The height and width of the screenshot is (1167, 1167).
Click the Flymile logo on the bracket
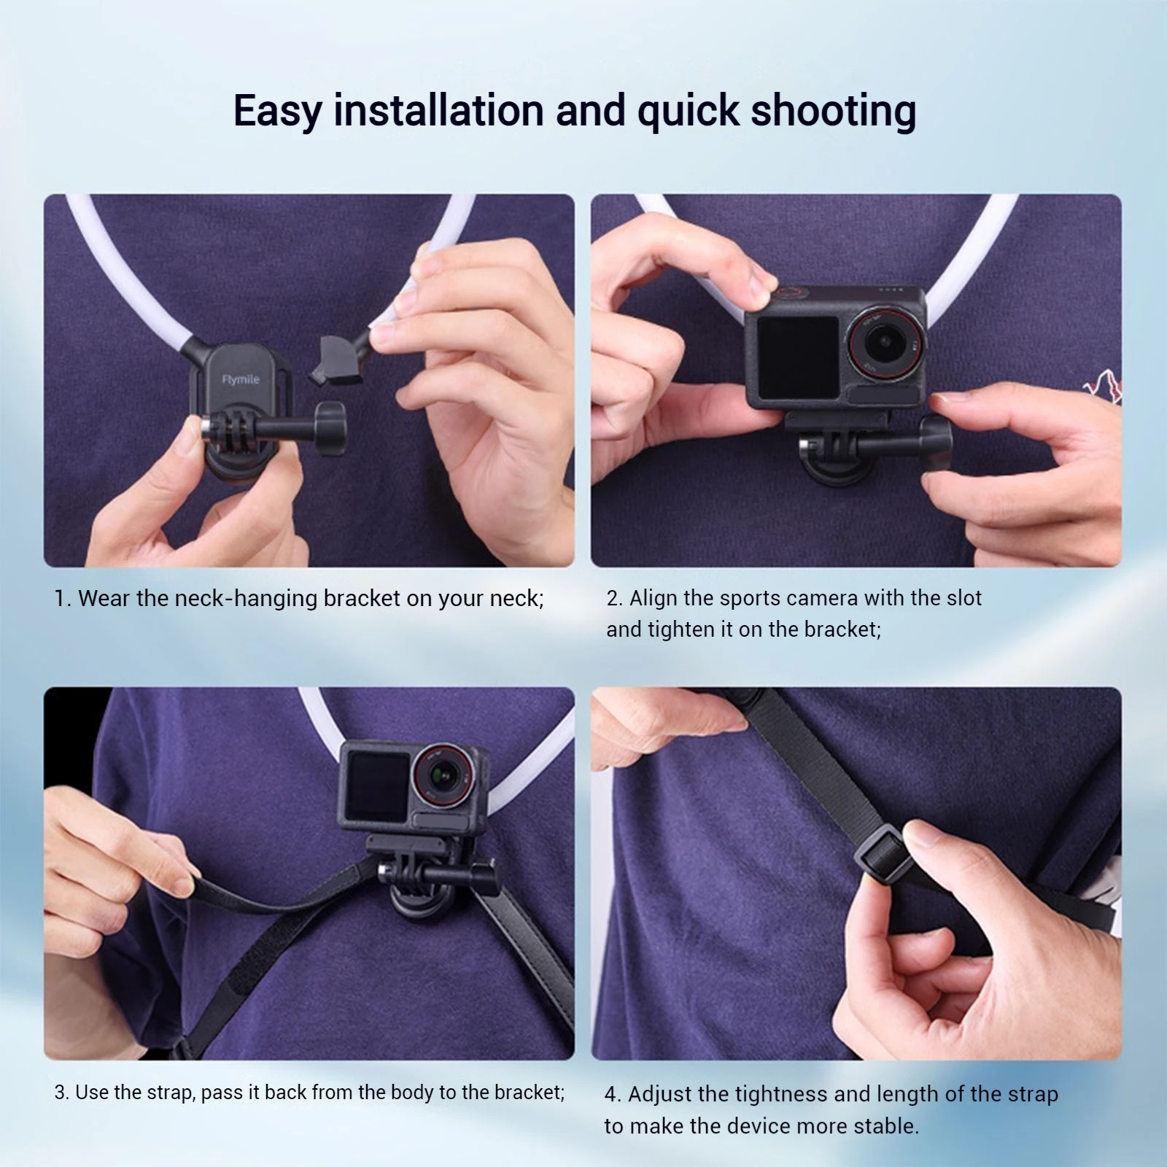[x=241, y=379]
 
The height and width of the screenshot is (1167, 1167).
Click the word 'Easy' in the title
[x=278, y=111]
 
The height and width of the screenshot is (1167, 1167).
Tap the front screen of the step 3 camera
[x=379, y=787]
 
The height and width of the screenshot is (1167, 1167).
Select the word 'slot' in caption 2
[x=964, y=598]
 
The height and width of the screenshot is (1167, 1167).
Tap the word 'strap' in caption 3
[x=169, y=1092]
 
